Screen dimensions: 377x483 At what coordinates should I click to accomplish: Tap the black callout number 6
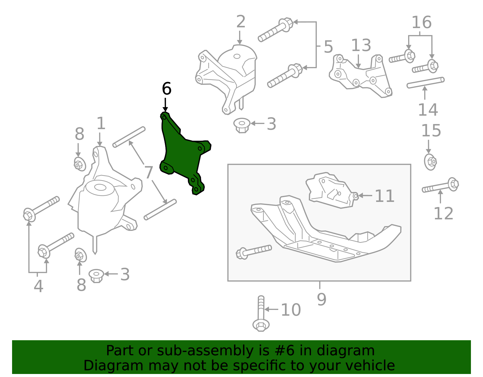pos(166,89)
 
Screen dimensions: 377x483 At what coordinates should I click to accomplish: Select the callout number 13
pos(361,46)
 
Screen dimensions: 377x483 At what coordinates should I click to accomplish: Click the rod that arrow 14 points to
pos(425,82)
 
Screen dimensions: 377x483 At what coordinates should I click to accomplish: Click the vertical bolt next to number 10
pos(261,314)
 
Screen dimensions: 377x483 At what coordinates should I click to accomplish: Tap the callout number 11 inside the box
pos(384,196)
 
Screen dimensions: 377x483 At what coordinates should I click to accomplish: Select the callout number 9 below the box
pos(321,299)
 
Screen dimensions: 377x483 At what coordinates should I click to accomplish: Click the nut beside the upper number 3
pos(242,125)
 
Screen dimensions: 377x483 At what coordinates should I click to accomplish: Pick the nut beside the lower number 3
pos(96,275)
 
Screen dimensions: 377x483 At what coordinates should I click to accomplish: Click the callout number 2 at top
pos(241,22)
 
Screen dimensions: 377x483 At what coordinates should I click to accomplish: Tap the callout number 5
pos(328,47)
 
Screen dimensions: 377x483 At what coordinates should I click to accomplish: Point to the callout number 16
pos(421,23)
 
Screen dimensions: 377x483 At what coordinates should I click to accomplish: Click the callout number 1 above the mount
pos(101,123)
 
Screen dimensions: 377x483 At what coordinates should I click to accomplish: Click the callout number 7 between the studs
pos(149,173)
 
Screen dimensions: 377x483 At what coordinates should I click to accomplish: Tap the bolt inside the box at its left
pos(254,251)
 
